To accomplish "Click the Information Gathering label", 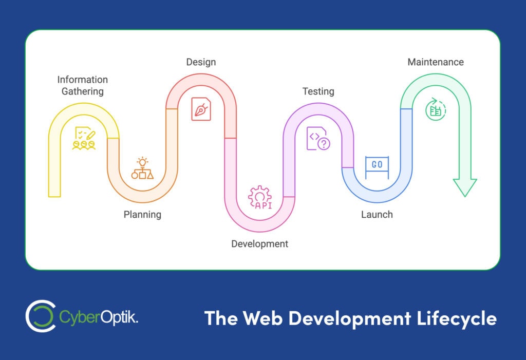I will [x=82, y=85].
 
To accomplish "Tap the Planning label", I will [x=142, y=214].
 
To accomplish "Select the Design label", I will [x=201, y=62].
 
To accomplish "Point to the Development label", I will [x=259, y=243].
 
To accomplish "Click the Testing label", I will [x=318, y=91].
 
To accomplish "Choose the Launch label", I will [x=377, y=214].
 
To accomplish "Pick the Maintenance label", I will [x=436, y=62].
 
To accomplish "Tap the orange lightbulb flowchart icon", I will [x=142, y=168].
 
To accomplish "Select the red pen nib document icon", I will [x=201, y=109].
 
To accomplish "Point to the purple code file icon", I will [x=318, y=138].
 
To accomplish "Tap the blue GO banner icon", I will [x=377, y=166].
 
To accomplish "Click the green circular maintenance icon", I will [x=436, y=109].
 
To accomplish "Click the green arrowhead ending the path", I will [x=465, y=187].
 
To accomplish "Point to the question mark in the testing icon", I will [x=324, y=144].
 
